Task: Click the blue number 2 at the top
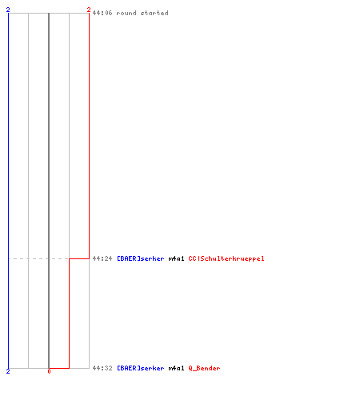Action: coord(8,10)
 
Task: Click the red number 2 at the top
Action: coord(89,10)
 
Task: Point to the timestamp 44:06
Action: coord(102,13)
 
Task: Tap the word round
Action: coord(126,13)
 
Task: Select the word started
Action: coord(154,13)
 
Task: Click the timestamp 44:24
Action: coord(102,258)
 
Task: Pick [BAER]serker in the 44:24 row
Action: coord(141,258)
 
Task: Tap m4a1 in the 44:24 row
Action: coord(176,258)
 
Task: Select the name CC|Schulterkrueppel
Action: coord(226,258)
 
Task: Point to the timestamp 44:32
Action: coord(102,368)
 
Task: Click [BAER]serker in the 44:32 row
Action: coord(141,368)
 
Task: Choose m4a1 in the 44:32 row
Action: coord(176,368)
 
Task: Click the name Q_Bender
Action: coord(204,368)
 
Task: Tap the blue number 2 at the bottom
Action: coord(8,371)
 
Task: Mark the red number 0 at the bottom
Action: coord(49,371)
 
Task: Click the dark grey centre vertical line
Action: coord(49,190)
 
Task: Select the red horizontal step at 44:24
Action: coord(79,258)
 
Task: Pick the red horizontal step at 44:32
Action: coord(59,368)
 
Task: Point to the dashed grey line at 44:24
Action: coord(38,258)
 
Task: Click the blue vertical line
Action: coord(8,190)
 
